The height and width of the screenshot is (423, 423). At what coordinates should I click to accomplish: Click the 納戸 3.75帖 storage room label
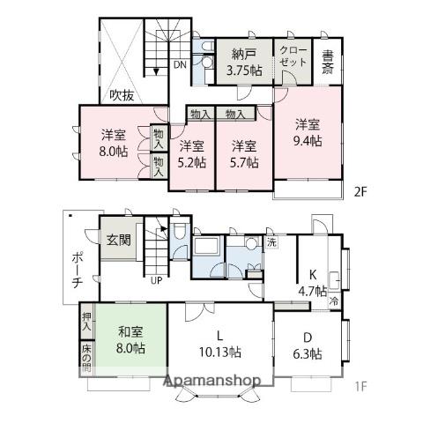243,62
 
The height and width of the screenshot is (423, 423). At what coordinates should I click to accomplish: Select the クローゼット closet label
293,56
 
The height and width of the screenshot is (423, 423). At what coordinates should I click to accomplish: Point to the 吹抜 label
122,95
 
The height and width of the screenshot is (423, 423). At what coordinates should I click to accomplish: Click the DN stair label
180,64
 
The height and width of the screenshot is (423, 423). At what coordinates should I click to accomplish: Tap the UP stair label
156,280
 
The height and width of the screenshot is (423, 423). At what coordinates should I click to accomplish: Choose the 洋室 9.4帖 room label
308,132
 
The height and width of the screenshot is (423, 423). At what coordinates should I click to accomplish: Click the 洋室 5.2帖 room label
192,154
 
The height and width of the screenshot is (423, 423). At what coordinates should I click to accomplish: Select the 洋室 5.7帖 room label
244,154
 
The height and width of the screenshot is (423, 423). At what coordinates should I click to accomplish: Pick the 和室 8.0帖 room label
130,340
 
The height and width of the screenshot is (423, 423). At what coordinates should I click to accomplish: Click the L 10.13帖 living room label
220,344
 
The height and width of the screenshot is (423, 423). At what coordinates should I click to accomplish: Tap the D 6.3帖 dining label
308,345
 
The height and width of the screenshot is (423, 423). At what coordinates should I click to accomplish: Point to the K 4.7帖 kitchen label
313,283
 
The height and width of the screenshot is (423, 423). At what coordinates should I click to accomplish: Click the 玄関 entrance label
119,240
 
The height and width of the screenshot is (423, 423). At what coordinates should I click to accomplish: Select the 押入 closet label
86,322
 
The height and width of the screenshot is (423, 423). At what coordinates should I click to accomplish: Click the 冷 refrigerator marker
334,301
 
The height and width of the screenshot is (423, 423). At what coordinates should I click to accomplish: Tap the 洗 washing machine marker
271,242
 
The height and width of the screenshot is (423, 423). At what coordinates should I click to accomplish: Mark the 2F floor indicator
360,192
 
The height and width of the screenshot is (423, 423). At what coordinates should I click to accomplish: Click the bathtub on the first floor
207,247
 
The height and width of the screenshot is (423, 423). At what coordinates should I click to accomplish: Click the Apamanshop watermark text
211,381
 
